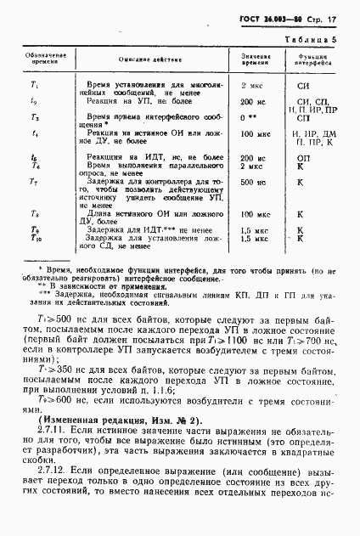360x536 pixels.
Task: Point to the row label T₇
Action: click(x=35, y=183)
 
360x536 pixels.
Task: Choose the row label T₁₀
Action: click(x=35, y=240)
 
